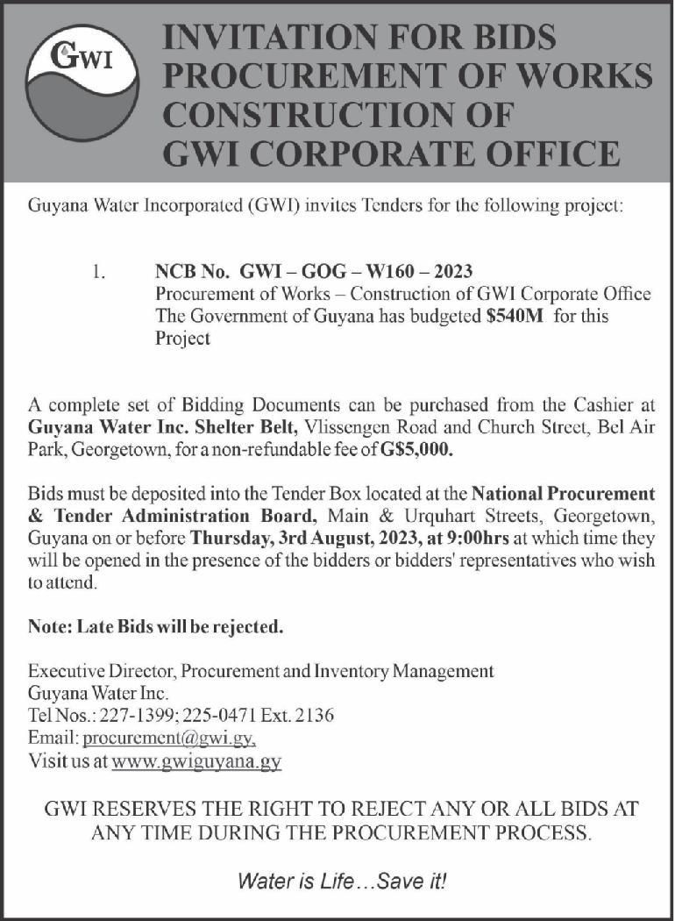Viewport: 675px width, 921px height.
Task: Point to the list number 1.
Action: (98, 272)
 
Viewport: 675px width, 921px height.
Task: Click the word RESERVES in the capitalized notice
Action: (156, 808)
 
